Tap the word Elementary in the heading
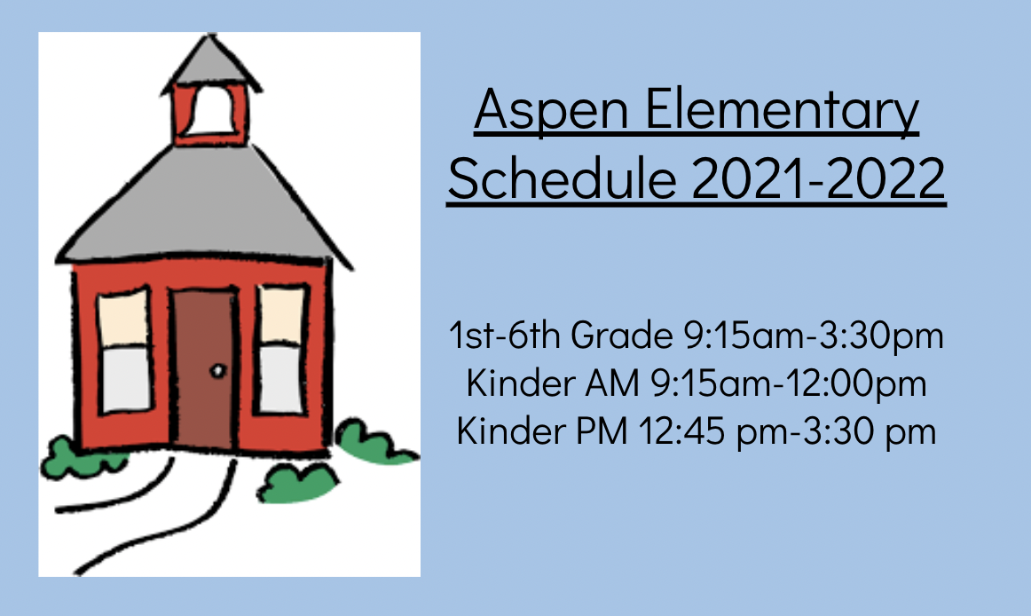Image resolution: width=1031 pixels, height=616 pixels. click(782, 111)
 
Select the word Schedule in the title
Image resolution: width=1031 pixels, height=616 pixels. click(563, 178)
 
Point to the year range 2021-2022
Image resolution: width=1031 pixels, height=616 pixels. click(819, 178)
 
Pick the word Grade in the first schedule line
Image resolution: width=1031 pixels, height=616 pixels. click(621, 335)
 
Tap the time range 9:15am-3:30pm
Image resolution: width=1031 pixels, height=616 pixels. click(814, 336)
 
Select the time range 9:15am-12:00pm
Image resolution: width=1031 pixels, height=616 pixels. click(789, 383)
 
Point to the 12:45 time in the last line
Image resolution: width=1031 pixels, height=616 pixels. click(681, 431)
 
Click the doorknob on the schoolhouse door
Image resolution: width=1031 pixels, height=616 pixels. click(217, 371)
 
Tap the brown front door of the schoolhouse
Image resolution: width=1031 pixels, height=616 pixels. click(204, 368)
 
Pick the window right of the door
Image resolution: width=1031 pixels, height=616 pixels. click(282, 349)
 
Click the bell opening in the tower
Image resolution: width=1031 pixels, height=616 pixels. click(211, 111)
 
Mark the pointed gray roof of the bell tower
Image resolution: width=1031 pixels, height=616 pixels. click(210, 62)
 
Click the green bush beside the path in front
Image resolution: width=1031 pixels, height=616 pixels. click(297, 484)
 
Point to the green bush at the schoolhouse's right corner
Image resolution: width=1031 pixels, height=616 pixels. click(374, 441)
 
